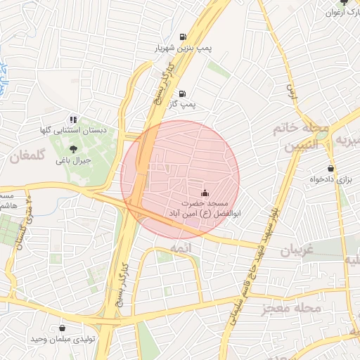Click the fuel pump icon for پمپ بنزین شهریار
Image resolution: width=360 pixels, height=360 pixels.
coord(184,37)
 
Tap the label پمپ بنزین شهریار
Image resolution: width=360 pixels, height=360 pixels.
coord(183,49)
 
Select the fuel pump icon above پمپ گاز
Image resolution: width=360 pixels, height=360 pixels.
coord(183,94)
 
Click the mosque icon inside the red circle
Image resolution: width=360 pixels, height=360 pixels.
coord(205,193)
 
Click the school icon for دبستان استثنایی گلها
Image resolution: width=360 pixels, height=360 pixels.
coord(74,120)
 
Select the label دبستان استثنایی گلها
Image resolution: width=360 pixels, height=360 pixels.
coord(73,131)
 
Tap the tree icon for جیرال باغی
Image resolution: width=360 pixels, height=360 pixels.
coord(74,148)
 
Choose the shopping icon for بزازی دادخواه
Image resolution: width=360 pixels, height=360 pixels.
coord(330,169)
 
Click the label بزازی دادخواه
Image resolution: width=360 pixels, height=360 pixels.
coord(330,180)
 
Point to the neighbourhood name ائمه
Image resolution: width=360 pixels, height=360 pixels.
coord(181,248)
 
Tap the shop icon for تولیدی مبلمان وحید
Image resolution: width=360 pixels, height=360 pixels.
coord(63,327)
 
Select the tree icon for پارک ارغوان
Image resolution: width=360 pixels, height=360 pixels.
coord(344,2)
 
